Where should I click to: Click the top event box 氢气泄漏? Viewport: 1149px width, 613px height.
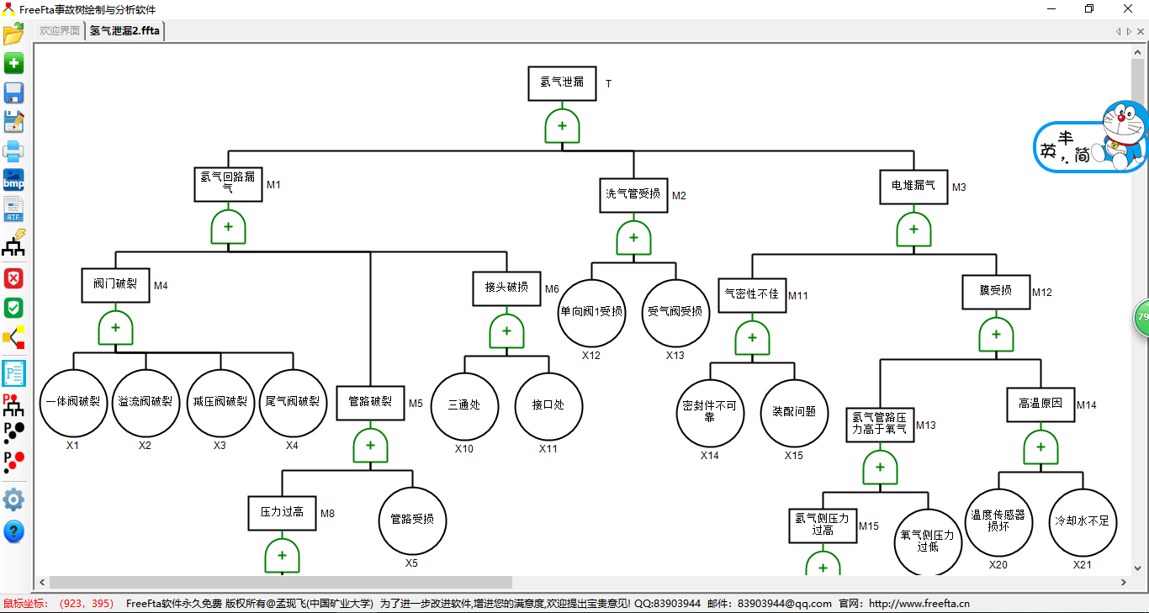tap(562, 83)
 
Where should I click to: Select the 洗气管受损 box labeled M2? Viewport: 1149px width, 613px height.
tap(633, 194)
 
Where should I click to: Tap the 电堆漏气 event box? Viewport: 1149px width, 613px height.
tap(913, 186)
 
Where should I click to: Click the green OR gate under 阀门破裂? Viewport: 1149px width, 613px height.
tap(115, 328)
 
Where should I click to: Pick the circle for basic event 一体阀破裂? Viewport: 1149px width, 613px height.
tap(73, 403)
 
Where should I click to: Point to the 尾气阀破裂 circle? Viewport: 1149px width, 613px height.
tap(293, 403)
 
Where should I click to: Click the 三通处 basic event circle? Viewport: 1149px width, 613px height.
tap(464, 405)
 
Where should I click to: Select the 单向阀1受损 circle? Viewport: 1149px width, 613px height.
tap(591, 313)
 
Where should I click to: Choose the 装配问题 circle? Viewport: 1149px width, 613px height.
tap(794, 412)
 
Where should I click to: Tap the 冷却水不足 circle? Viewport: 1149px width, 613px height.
tap(1083, 522)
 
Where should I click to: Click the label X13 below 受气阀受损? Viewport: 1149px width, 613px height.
tap(675, 356)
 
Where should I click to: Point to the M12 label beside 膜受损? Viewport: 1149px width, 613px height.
tap(1042, 293)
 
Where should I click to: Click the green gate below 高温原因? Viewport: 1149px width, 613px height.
tap(1040, 447)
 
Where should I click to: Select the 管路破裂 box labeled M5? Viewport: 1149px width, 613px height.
tap(370, 402)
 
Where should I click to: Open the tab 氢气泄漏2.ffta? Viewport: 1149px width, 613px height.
tap(124, 31)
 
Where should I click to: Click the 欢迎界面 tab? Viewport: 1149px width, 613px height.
tap(60, 31)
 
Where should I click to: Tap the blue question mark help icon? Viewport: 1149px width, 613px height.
tap(13, 531)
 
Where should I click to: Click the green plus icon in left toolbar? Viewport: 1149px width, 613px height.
tap(13, 64)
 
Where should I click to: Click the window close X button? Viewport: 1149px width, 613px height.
tap(1128, 8)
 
